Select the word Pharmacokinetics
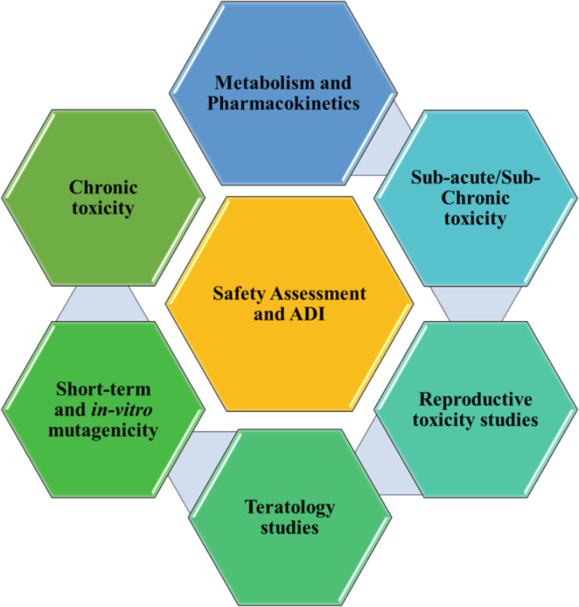(x=287, y=104)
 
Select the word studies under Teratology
(x=289, y=528)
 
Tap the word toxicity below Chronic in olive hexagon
(x=103, y=208)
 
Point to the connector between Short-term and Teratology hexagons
(x=191, y=461)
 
